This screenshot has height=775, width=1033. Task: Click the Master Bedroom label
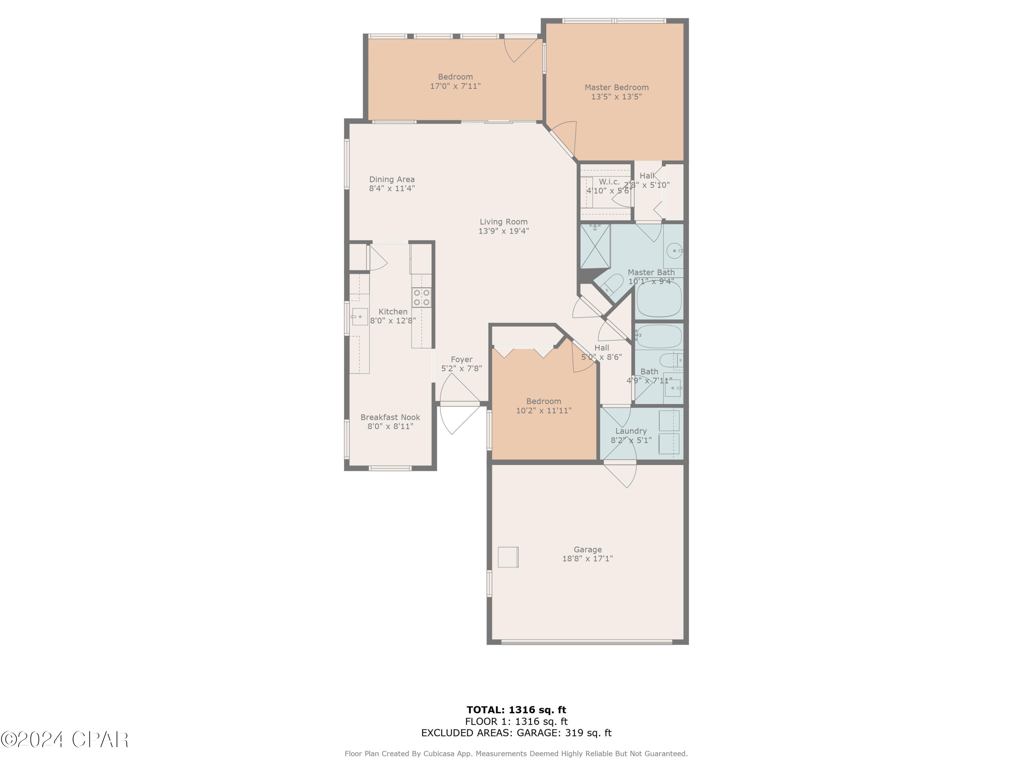616,87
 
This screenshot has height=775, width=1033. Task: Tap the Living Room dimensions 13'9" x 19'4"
503,231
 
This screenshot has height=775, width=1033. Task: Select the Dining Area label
392,179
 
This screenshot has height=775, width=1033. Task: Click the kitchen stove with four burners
421,298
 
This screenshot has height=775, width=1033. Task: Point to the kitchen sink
359,317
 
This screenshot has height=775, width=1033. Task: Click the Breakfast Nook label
390,417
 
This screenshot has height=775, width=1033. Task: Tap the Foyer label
461,360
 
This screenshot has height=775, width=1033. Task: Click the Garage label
587,549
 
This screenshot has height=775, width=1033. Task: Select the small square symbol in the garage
508,557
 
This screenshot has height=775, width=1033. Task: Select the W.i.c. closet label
609,182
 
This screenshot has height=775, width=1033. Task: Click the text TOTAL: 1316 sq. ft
516,710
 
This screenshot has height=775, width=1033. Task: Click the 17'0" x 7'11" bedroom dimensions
455,86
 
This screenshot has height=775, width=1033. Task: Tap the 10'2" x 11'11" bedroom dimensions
544,411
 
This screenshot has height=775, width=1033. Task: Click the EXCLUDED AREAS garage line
516,733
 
